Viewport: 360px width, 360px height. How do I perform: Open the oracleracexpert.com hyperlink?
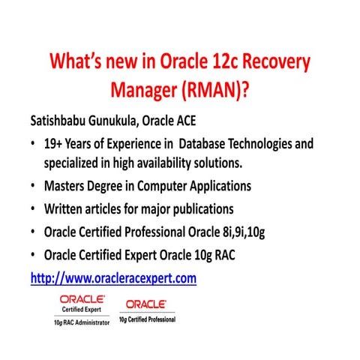pyautogui.click(x=113, y=278)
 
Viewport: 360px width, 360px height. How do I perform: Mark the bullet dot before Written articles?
pyautogui.click(x=34, y=208)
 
